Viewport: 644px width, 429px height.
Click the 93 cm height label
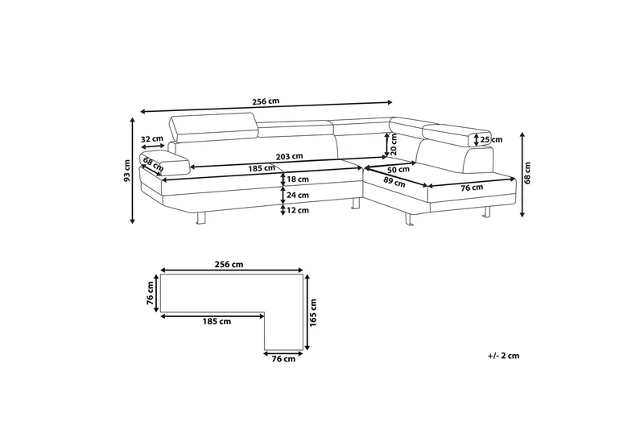click(127, 171)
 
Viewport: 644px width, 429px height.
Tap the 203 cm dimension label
click(289, 156)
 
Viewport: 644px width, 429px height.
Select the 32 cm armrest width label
click(151, 138)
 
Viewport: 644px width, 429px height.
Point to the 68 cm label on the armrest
click(153, 165)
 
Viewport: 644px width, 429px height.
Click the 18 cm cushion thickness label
click(298, 179)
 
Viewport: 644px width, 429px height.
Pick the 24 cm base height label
click(298, 195)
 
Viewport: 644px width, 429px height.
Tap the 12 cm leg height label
click(298, 211)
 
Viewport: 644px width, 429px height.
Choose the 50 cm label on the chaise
click(398, 169)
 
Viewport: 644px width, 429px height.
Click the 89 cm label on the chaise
click(394, 182)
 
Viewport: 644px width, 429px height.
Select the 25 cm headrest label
click(491, 139)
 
